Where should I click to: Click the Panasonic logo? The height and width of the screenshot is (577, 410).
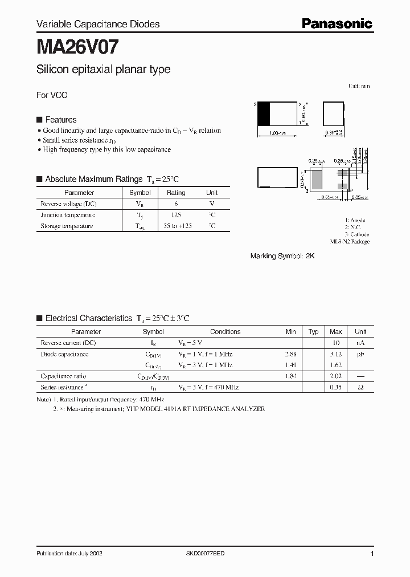[337, 23]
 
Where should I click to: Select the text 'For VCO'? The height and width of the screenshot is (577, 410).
[52, 95]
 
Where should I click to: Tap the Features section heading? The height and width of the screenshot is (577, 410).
[60, 120]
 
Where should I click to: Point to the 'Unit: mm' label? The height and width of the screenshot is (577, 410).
[359, 86]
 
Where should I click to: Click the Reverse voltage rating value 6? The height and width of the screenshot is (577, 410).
[176, 204]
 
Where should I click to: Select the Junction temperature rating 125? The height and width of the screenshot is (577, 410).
[176, 215]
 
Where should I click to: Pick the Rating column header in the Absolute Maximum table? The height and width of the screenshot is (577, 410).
[176, 193]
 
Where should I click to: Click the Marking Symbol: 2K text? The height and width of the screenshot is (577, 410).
[282, 257]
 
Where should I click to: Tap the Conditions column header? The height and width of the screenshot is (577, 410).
[225, 331]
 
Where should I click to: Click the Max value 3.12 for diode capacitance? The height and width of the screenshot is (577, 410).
[335, 354]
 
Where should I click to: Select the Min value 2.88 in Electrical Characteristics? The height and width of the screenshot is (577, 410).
[290, 354]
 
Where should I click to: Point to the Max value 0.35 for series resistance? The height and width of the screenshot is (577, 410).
[335, 387]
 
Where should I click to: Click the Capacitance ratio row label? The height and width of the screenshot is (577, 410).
[64, 376]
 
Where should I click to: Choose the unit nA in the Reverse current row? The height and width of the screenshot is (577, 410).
[360, 343]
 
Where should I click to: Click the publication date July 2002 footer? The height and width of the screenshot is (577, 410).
[69, 554]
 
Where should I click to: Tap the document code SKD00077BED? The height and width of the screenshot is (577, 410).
[206, 554]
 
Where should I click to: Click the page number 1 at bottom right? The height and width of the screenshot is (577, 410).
[372, 554]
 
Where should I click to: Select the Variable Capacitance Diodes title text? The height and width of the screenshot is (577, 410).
[98, 24]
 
